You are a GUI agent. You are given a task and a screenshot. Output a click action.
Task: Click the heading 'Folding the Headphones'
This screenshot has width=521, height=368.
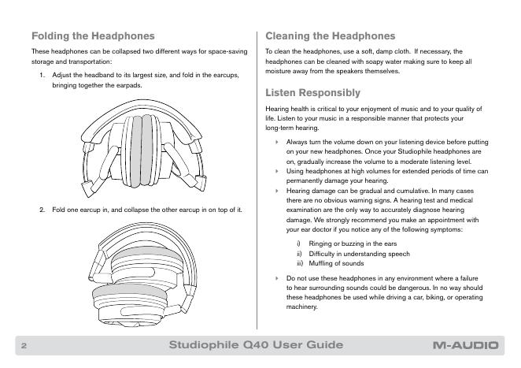(92, 36)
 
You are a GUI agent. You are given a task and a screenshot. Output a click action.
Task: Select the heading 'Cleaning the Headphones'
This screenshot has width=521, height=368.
(330, 36)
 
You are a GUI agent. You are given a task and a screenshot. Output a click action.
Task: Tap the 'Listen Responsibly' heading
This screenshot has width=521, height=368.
(313, 92)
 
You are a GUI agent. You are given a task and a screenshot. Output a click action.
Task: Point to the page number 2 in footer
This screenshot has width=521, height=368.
(24, 346)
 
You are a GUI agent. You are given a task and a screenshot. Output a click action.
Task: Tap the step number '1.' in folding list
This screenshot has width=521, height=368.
(43, 75)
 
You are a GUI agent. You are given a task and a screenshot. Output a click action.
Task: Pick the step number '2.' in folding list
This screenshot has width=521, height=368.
(43, 210)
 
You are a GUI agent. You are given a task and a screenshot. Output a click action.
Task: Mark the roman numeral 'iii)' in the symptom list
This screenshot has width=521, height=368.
(299, 263)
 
